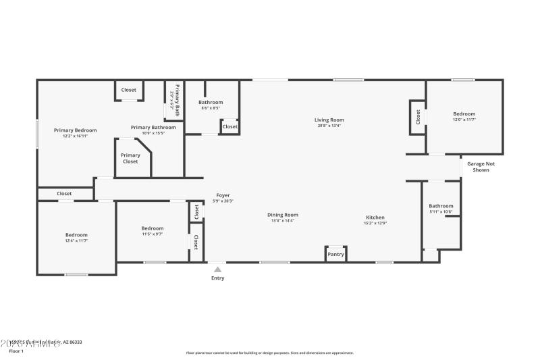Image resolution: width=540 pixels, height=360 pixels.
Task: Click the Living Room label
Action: [329, 120]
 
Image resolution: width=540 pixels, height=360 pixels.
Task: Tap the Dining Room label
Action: [284, 215]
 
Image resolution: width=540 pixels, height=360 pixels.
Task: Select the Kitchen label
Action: [375, 217]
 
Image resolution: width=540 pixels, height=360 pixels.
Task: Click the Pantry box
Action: [335, 255]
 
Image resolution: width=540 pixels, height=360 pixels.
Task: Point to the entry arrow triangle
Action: [217, 269]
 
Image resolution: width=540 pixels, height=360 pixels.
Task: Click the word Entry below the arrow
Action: [217, 278]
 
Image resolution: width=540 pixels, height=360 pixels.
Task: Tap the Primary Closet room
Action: [130, 159]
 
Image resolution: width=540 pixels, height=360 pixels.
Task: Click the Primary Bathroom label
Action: [153, 127]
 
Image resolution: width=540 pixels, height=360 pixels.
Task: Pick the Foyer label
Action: [223, 195]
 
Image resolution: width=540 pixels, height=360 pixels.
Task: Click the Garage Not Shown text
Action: [481, 167]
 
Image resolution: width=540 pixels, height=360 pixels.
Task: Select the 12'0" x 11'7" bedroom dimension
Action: [464, 120]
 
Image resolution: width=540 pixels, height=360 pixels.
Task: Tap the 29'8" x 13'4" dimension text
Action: [329, 125]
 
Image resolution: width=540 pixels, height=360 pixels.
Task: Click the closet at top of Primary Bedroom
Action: [128, 90]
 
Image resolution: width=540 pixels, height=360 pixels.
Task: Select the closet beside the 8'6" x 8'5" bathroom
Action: [230, 126]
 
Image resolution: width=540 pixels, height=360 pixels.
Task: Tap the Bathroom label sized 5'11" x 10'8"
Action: [441, 206]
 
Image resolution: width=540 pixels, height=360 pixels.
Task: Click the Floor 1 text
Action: [16, 351]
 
